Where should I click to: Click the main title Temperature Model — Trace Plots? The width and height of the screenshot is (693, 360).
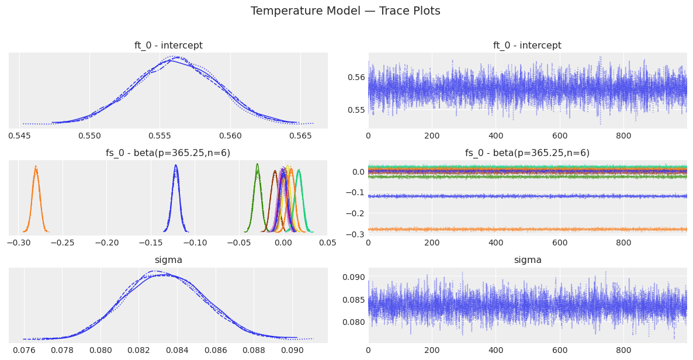pyautogui.click(x=345, y=11)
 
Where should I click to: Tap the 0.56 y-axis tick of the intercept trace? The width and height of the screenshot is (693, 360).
pyautogui.click(x=357, y=77)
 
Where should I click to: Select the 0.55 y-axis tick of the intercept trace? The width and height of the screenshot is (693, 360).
pyautogui.click(x=357, y=110)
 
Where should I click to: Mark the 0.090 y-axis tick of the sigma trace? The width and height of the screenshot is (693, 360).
pyautogui.click(x=354, y=277)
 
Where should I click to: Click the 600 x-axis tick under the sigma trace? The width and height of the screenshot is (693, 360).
pyautogui.click(x=560, y=350)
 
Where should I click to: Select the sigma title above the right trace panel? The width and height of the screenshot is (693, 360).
pyautogui.click(x=527, y=260)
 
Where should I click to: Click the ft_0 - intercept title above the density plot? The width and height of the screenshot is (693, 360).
pyautogui.click(x=168, y=46)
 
